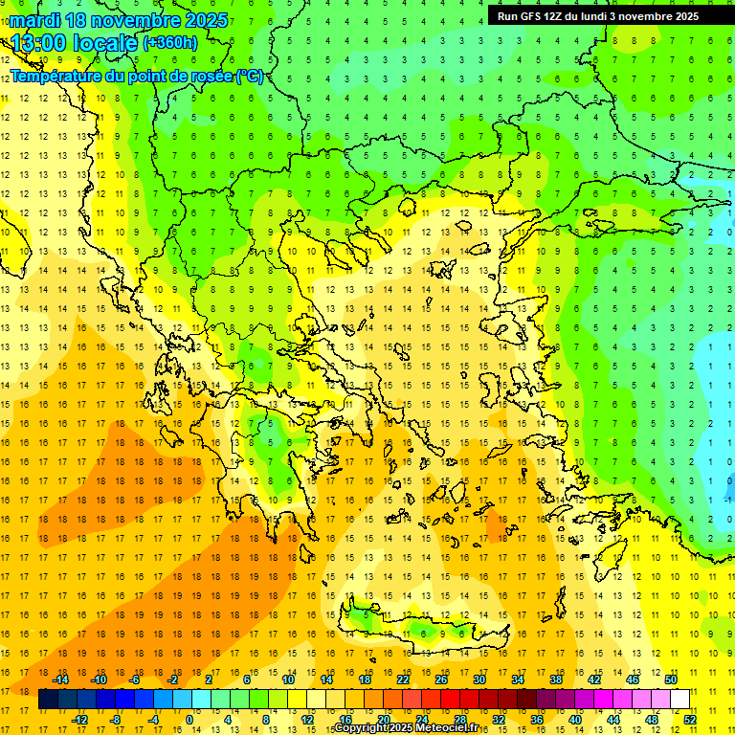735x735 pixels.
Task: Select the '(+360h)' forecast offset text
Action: [x=170, y=42]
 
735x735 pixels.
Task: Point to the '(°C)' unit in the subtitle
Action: [x=249, y=76]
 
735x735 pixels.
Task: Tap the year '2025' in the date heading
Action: [x=206, y=20]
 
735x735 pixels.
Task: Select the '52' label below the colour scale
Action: [x=690, y=719]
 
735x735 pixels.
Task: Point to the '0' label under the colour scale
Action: [x=189, y=719]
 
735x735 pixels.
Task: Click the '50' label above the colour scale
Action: [x=671, y=679]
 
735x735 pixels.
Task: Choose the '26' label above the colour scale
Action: [x=441, y=679]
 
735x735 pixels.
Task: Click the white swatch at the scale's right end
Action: [x=679, y=700]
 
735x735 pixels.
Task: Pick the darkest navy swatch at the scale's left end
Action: [x=48, y=700]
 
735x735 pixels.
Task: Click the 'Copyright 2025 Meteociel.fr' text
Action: [x=406, y=728]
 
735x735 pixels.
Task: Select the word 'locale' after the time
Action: [x=102, y=43]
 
